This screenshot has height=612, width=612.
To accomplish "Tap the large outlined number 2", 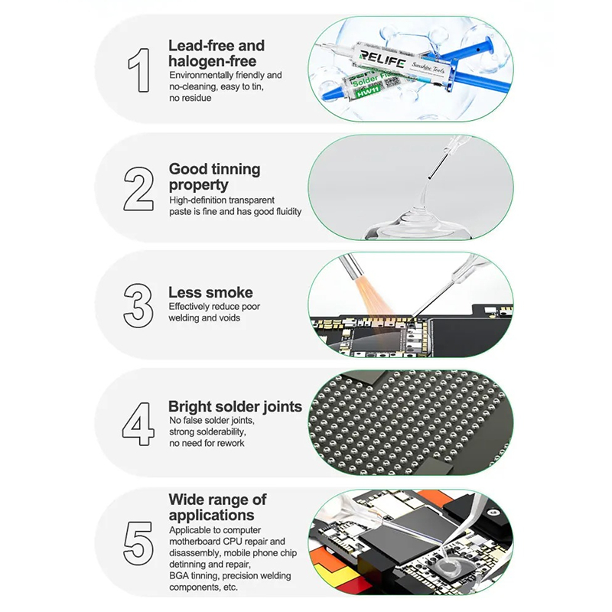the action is coord(138,189).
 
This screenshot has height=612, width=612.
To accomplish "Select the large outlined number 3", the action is coord(138,305).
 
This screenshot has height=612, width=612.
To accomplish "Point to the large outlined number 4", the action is coord(138,424).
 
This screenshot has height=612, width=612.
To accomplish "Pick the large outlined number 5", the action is coord(138,543).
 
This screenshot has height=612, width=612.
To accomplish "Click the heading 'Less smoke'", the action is coord(210,292).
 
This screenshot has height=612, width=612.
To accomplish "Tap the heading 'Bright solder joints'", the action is coord(235,406).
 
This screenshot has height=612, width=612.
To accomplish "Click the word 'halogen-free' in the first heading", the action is coord(213,61).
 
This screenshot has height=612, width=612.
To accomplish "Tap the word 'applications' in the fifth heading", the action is coord(212,515).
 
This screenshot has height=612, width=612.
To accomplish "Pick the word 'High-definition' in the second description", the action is coord(197,200).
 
